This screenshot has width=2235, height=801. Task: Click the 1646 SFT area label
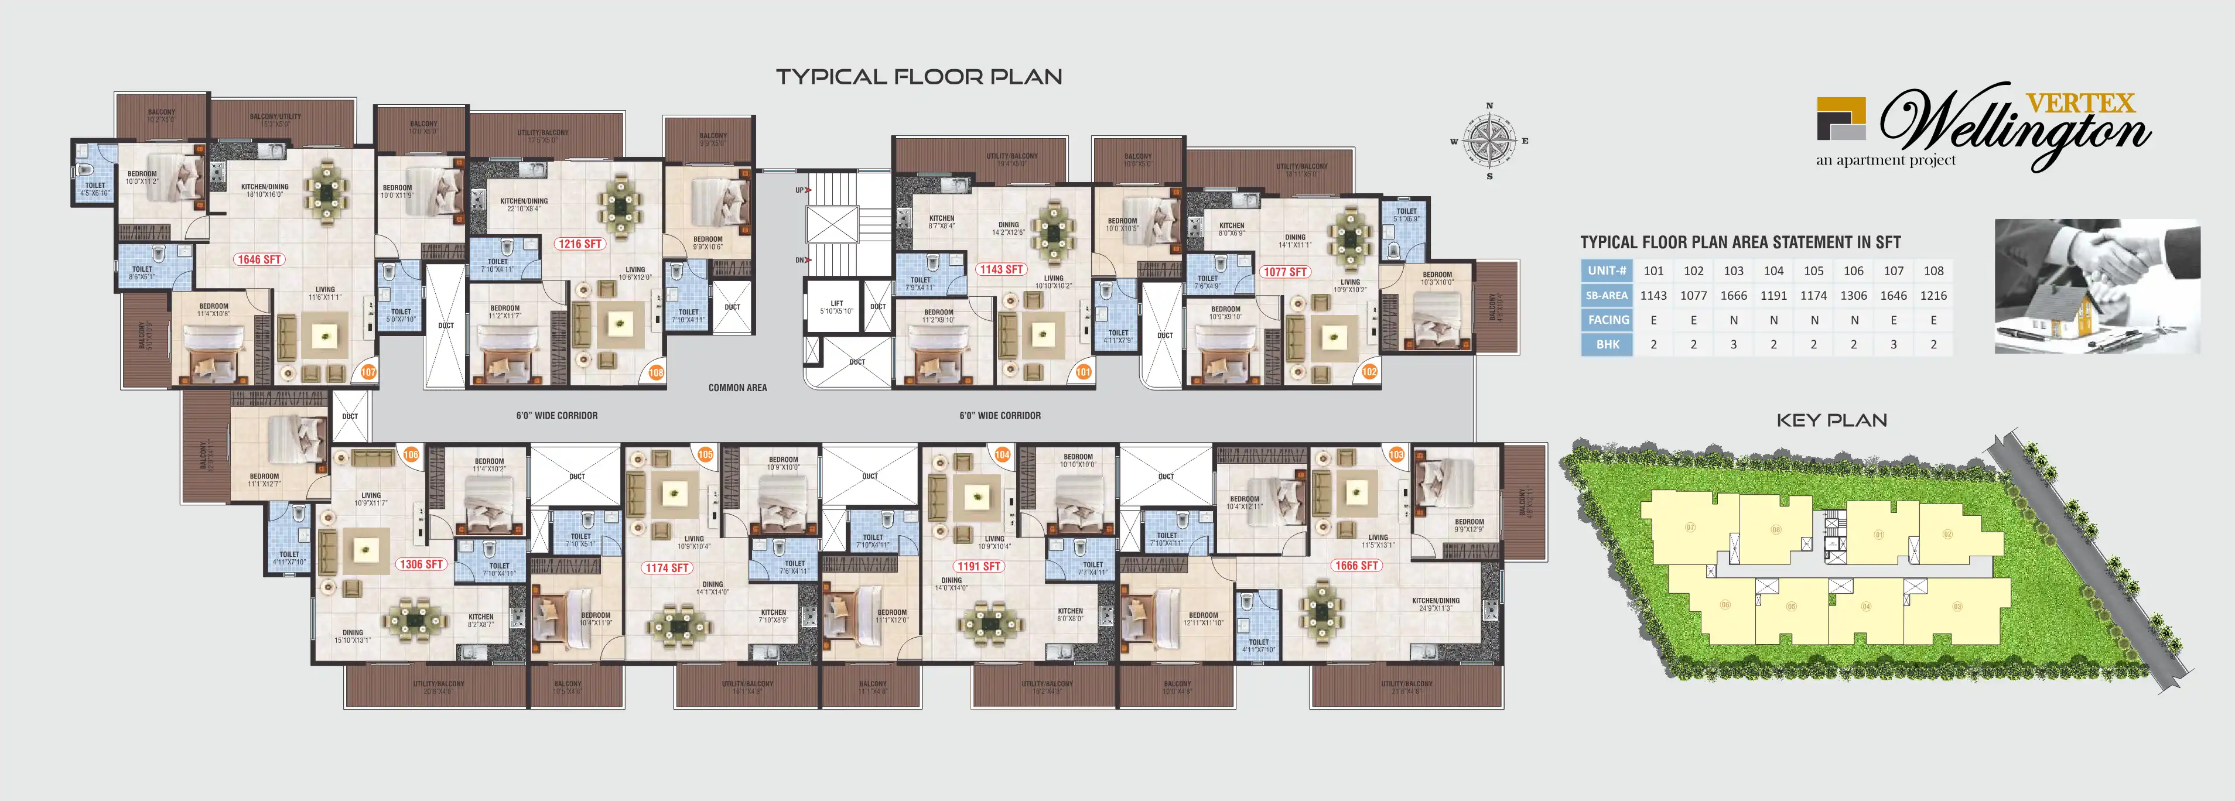258,259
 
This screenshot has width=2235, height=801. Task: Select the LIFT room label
836,306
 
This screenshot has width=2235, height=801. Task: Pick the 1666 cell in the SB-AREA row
1734,296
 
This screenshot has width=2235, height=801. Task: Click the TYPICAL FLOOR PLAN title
919,77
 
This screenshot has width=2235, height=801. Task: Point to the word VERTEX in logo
2080,103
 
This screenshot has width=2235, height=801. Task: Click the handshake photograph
2096,286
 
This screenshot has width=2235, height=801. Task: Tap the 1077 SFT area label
1285,272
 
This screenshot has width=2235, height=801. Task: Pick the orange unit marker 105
705,455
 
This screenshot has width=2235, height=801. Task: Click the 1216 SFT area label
580,244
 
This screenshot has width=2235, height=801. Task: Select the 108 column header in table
1933,271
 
